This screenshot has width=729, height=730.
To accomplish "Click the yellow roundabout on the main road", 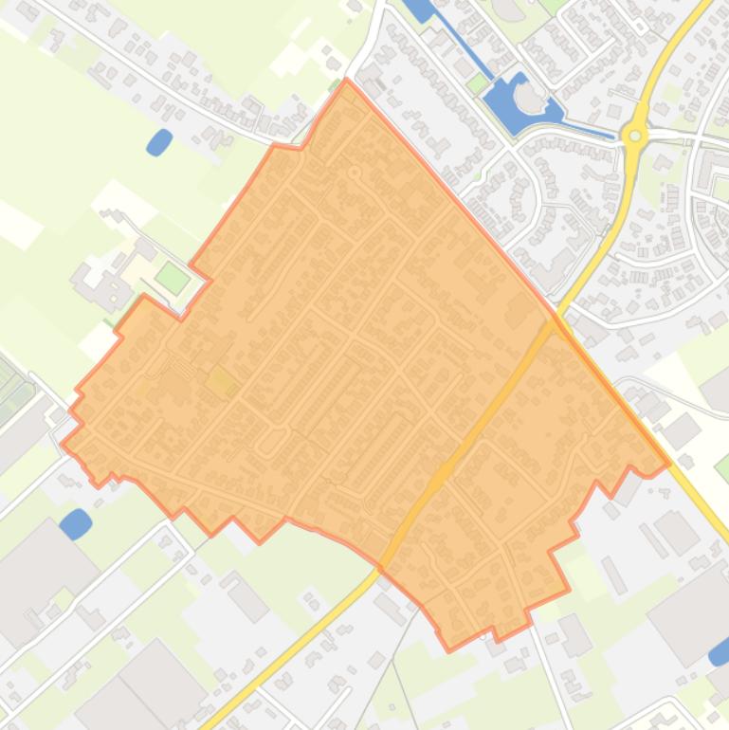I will pos(635,136).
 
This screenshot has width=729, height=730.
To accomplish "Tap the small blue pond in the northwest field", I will pos(159,142).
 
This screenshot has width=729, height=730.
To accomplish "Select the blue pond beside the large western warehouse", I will pos(76,522).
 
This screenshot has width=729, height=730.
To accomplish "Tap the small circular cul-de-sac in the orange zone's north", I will pos(355,173).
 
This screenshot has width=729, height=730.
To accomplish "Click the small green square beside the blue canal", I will pos(477,84).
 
